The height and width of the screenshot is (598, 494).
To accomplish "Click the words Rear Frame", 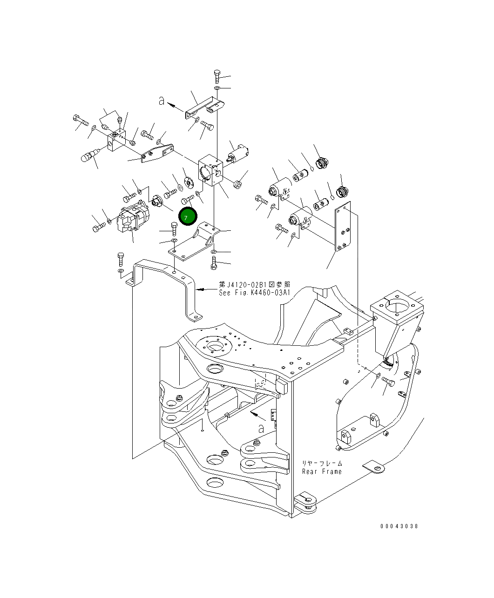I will tap(322, 471).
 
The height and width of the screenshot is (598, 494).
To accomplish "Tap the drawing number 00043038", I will tap(399, 526).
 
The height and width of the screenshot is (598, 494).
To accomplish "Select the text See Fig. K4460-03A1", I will tap(255, 293).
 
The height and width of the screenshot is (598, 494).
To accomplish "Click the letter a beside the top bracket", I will tap(162, 101).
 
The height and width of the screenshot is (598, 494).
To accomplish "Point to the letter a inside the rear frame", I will tap(261, 429).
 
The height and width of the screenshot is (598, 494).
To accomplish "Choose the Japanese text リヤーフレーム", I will tap(322, 464).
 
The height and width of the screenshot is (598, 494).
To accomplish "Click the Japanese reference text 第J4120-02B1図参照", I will tap(255, 285).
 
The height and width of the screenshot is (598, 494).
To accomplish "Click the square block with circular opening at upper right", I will tap(397, 308).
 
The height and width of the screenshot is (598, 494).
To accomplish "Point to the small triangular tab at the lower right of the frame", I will tap(373, 466).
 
